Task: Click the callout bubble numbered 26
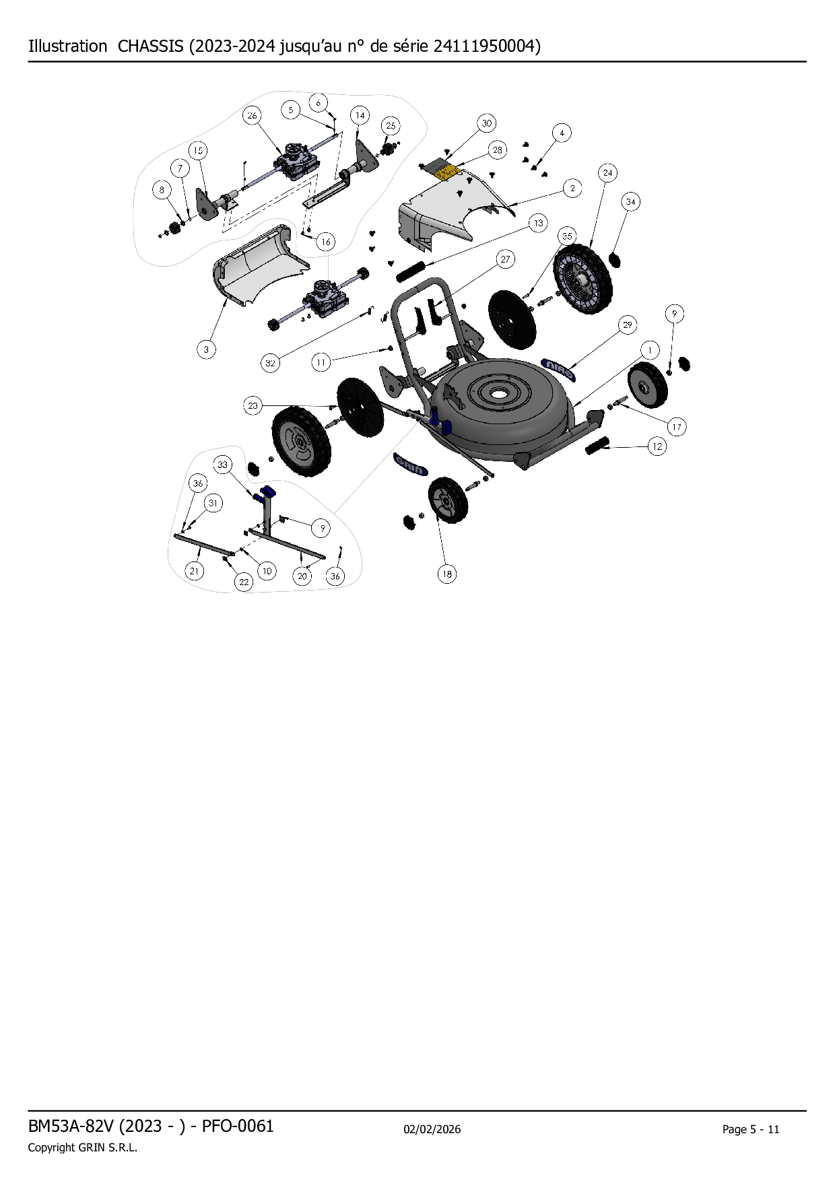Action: coord(252,116)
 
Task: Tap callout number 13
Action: coord(538,223)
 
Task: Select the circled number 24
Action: coord(608,173)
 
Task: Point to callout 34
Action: coord(631,201)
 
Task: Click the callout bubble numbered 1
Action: coord(650,350)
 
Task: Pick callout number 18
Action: coord(447,574)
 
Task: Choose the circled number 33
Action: coord(223,465)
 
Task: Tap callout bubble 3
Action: coord(206,349)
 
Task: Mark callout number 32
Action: coord(270,363)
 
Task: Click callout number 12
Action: coord(657,446)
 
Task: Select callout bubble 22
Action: coord(244,582)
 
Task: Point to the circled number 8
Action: coord(162,190)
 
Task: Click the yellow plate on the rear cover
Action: coord(446,173)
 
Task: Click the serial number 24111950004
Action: coord(485,46)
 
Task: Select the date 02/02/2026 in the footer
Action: coord(432,1129)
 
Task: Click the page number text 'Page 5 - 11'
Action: coord(751,1129)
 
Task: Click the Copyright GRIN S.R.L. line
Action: coord(82,1147)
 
